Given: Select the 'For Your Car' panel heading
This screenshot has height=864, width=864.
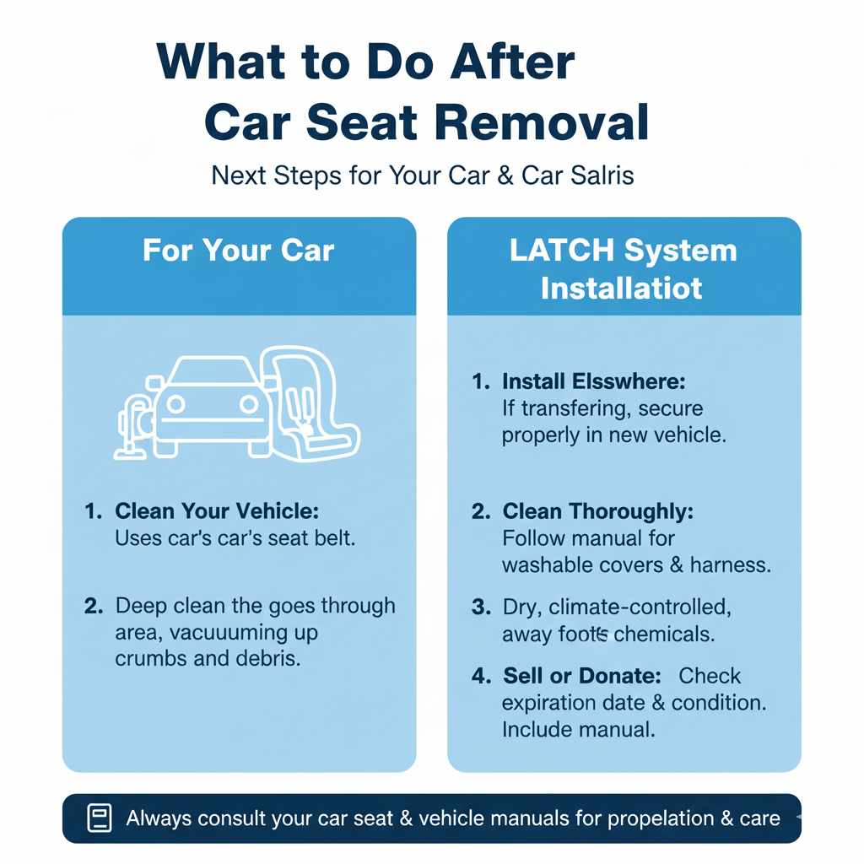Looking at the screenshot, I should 239,251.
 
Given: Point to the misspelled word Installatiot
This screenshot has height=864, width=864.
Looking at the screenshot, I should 622,288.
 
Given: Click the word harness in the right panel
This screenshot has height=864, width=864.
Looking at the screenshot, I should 730,565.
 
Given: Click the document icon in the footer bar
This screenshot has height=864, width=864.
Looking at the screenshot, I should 100,818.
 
